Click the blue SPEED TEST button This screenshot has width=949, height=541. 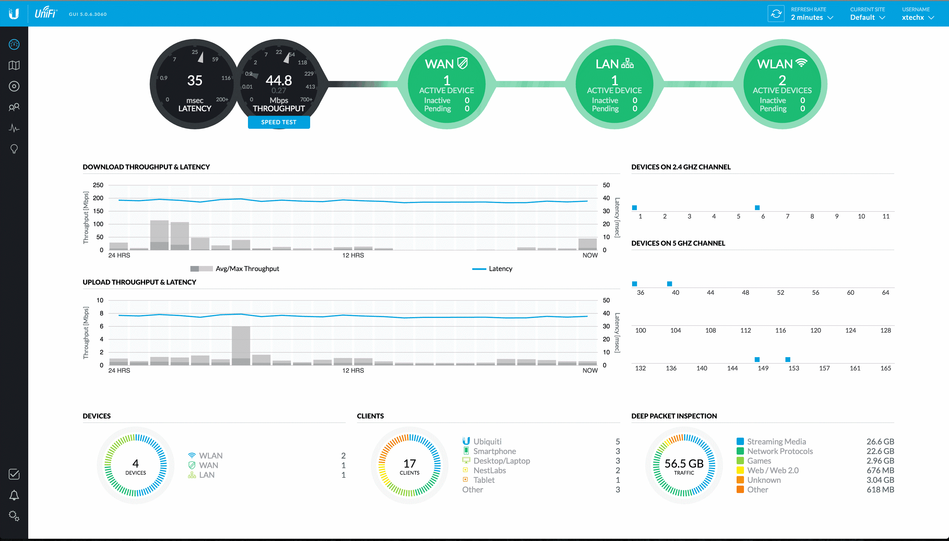click(279, 122)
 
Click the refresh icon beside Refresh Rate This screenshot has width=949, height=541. click(776, 14)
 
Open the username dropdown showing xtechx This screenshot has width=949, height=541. click(917, 18)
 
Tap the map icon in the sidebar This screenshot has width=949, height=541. click(14, 66)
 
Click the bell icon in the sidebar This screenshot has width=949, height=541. click(14, 495)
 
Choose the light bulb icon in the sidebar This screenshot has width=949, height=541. click(14, 149)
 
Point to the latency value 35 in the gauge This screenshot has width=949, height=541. click(195, 80)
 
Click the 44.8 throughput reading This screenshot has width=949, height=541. click(279, 80)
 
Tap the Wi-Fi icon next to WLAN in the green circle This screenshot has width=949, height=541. click(802, 63)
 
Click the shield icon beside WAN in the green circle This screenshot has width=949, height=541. click(462, 63)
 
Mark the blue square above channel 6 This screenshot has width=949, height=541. click(757, 208)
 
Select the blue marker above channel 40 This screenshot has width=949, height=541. click(670, 284)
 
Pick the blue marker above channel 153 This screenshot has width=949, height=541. click(788, 359)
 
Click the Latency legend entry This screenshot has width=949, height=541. click(500, 269)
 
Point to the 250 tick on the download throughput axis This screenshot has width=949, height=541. click(98, 185)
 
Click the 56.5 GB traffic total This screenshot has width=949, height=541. click(684, 463)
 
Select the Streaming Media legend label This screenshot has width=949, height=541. click(776, 441)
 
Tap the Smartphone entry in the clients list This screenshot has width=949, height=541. click(494, 451)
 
